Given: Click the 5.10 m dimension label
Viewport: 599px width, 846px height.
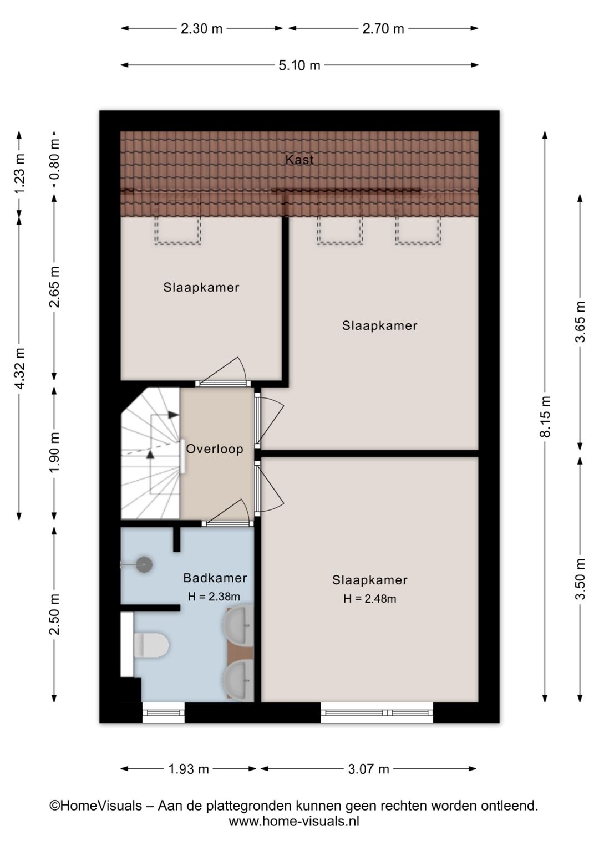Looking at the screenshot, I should click(x=299, y=65).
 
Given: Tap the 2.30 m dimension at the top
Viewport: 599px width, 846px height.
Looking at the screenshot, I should click(x=201, y=29).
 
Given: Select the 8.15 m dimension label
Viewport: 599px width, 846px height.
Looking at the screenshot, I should click(x=546, y=416).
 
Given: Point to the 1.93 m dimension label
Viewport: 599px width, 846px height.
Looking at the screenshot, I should click(x=189, y=769).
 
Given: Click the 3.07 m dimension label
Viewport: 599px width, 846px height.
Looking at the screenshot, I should click(x=368, y=769).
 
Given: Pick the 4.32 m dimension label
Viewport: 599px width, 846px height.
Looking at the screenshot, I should click(x=19, y=368).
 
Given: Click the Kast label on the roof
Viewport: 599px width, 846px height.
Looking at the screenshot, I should click(x=299, y=160).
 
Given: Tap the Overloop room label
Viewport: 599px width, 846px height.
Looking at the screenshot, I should click(x=215, y=449).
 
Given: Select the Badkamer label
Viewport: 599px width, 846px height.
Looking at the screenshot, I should click(x=215, y=578).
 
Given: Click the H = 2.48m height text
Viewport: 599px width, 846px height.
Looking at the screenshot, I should click(x=369, y=599).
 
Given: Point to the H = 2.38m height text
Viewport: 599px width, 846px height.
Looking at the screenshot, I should click(x=214, y=597).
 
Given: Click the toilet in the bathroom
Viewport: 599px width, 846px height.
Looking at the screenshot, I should click(x=151, y=645).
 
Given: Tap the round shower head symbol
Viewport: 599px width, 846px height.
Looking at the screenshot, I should click(x=144, y=565).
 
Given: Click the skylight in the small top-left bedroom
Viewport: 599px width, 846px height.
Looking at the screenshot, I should click(x=177, y=230).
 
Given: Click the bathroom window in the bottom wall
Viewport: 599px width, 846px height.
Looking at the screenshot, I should click(x=164, y=712).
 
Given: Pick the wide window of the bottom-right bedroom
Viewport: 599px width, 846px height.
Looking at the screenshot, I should click(x=377, y=712).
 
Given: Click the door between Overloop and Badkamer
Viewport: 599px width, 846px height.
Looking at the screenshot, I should click(x=227, y=523).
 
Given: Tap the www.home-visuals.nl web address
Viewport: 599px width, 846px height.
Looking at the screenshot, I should click(x=294, y=822).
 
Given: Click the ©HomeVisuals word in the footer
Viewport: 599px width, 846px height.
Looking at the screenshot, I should click(x=96, y=806).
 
